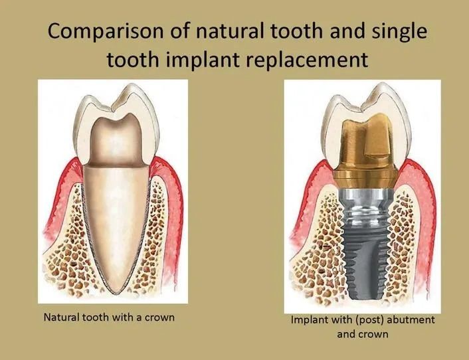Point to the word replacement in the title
(x=308, y=60)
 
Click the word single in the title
(x=400, y=31)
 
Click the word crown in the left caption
(x=159, y=317)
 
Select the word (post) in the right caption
(x=370, y=320)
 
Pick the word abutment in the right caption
(x=411, y=319)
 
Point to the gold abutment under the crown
(x=365, y=149)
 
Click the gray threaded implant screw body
(x=365, y=257)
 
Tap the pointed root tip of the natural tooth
(x=116, y=292)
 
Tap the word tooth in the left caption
(x=96, y=317)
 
